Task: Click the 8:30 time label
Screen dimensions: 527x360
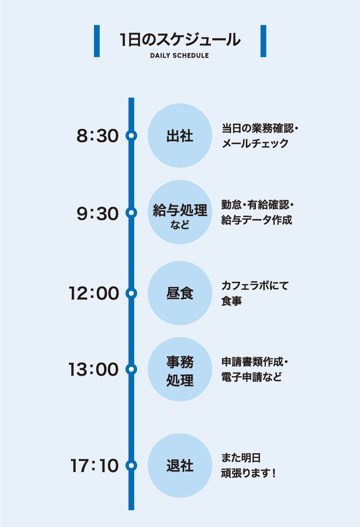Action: (97, 136)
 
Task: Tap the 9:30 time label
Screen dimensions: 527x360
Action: (97, 214)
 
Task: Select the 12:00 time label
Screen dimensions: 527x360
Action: (93, 293)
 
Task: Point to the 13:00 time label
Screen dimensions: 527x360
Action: (93, 370)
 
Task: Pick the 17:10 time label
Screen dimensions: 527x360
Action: (94, 466)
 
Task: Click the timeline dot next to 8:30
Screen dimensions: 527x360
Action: (131, 136)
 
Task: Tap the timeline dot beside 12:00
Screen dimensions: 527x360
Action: (131, 293)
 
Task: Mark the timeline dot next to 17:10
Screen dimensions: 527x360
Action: (131, 465)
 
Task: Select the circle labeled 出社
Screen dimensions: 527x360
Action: (180, 136)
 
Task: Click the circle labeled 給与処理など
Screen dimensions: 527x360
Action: (180, 213)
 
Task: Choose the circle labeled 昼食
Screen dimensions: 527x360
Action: (180, 293)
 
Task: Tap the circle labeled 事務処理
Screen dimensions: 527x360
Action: (180, 369)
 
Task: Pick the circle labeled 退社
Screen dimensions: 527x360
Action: (180, 465)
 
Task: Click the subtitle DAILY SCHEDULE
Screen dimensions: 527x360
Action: (179, 56)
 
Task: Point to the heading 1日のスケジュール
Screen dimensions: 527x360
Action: (180, 40)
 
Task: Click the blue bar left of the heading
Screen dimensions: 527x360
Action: (97, 41)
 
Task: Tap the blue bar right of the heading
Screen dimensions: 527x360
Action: (263, 41)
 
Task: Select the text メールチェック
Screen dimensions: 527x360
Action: (255, 143)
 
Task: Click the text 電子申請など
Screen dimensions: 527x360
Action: (252, 377)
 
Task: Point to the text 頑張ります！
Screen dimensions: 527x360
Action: (248, 473)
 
